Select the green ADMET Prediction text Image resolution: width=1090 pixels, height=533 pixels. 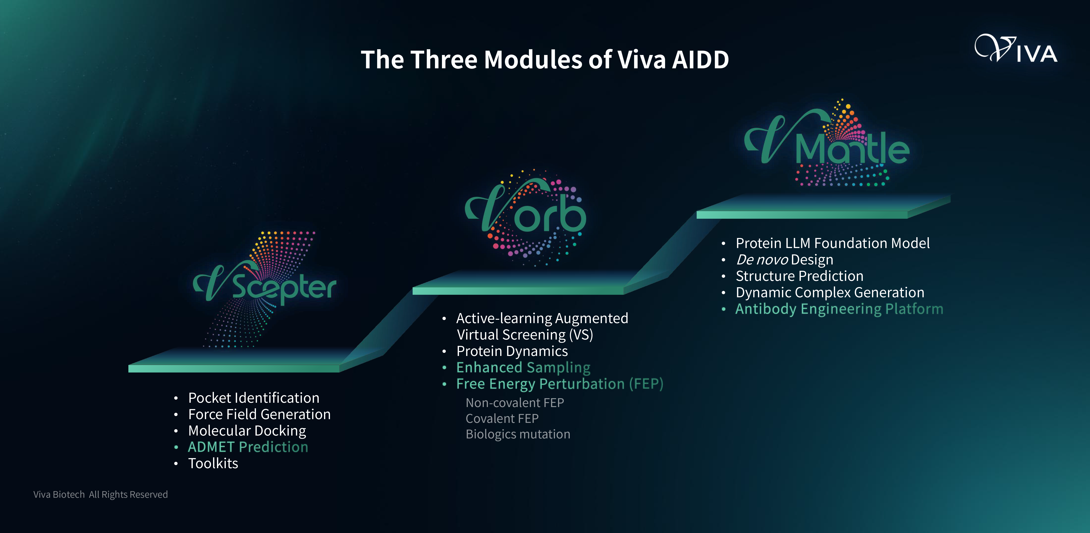click(x=248, y=447)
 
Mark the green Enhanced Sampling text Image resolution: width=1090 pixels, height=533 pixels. click(x=523, y=367)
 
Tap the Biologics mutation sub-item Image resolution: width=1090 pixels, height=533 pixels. click(x=518, y=434)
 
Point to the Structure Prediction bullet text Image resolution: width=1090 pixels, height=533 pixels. click(x=799, y=276)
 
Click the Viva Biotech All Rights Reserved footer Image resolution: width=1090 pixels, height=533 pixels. click(x=101, y=494)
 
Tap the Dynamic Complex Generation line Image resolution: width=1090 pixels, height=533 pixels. click(x=830, y=293)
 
